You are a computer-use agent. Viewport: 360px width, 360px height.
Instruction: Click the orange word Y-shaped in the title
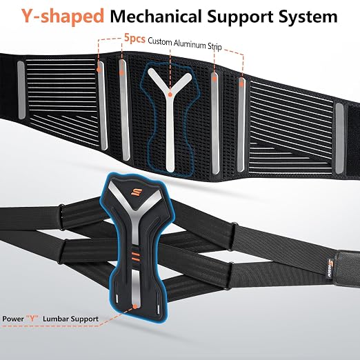point(63,17)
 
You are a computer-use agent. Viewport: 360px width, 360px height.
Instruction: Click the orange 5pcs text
point(134,38)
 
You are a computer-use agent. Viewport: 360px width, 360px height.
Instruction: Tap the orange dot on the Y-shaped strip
point(170,94)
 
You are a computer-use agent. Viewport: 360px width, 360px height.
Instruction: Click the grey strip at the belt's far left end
point(21,90)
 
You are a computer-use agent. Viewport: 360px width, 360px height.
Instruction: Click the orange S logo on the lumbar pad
point(134,191)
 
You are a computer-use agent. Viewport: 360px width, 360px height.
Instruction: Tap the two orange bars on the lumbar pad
point(135,257)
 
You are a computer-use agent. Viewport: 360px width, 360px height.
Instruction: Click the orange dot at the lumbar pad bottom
point(135,306)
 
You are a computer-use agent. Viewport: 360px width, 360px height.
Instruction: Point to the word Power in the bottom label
point(13,319)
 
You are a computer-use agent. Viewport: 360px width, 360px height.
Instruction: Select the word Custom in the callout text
point(160,41)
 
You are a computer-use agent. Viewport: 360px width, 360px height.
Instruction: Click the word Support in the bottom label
point(84,319)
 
